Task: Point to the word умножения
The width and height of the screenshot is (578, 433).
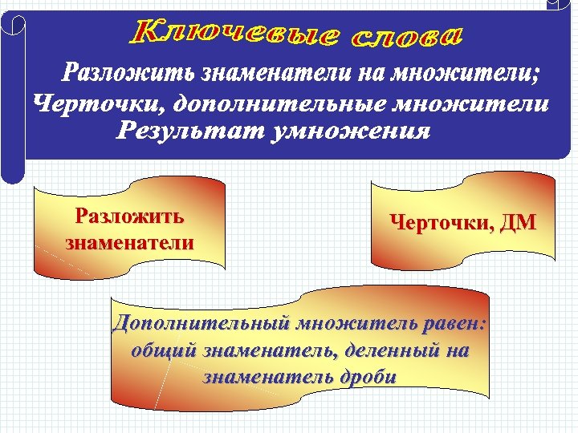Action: [350, 131]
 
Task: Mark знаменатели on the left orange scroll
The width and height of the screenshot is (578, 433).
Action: [128, 241]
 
